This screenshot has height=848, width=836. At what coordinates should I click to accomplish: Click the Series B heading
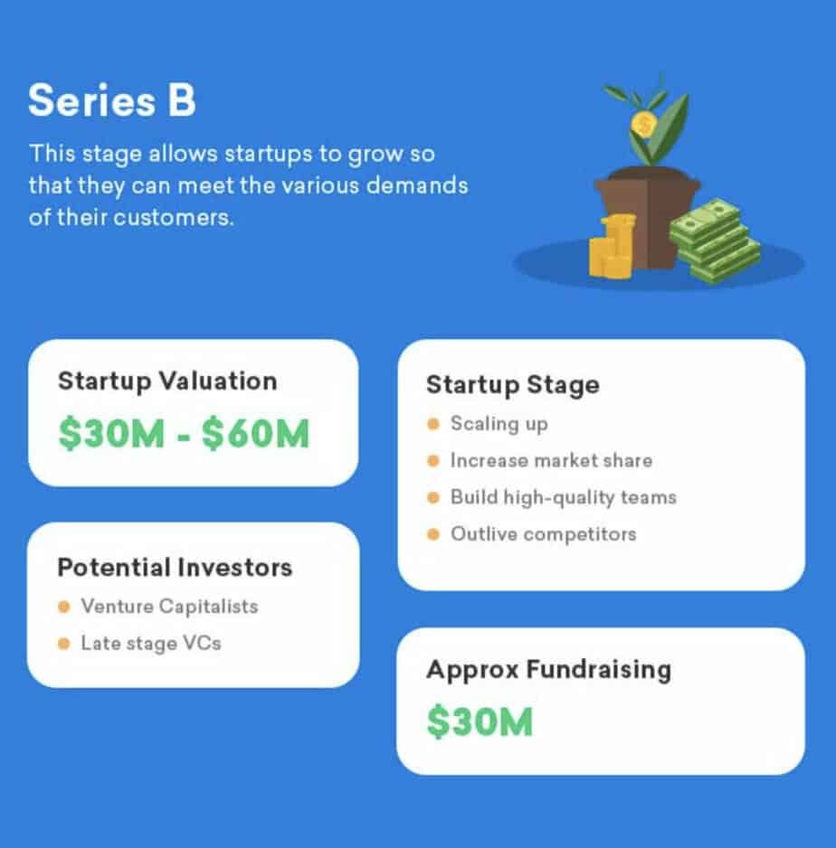click(111, 100)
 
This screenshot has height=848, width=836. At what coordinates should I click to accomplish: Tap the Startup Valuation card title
click(167, 382)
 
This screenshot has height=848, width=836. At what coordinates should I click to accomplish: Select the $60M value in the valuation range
click(255, 434)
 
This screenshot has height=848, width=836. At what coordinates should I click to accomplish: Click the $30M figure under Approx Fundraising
click(480, 722)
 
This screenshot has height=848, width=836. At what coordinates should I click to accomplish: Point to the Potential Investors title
click(175, 568)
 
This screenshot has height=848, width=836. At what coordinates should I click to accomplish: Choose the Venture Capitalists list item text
click(169, 607)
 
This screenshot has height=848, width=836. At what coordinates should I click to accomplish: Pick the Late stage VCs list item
click(151, 644)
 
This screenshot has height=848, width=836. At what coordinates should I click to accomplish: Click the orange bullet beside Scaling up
click(432, 424)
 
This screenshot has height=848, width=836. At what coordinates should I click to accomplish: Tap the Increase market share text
click(551, 461)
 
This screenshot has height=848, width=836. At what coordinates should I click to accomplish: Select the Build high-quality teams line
click(564, 497)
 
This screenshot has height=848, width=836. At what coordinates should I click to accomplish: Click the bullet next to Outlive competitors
click(432, 534)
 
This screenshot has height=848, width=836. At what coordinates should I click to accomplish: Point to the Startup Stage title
click(513, 385)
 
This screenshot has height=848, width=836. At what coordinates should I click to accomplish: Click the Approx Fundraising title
click(548, 670)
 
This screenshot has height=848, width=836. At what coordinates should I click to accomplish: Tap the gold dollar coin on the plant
click(644, 125)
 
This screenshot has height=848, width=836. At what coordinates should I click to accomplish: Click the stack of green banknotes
click(714, 240)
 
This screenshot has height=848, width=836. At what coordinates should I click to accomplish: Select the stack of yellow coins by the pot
click(613, 246)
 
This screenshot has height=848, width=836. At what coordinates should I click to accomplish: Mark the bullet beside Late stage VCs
click(64, 644)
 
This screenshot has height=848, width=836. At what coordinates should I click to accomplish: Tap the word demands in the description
click(417, 186)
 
